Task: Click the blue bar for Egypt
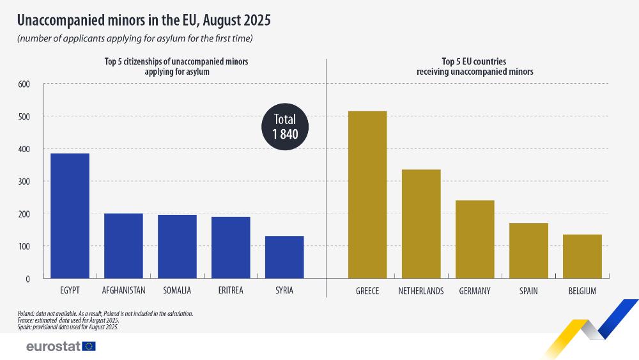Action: (70, 216)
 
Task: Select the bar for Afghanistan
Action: (123, 246)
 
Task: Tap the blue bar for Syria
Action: (284, 257)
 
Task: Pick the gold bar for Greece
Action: (367, 195)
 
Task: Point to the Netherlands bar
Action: (421, 224)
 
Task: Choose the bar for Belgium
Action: (582, 256)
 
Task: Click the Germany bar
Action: (475, 239)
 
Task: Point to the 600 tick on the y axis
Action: (24, 84)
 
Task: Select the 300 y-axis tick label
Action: (24, 182)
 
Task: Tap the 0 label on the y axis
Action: (27, 279)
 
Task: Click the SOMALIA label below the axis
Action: (177, 291)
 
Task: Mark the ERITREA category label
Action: (231, 291)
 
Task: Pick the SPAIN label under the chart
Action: (528, 291)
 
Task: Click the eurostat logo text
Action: (53, 346)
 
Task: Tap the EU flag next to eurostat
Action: (89, 346)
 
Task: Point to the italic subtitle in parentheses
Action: (135, 39)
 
